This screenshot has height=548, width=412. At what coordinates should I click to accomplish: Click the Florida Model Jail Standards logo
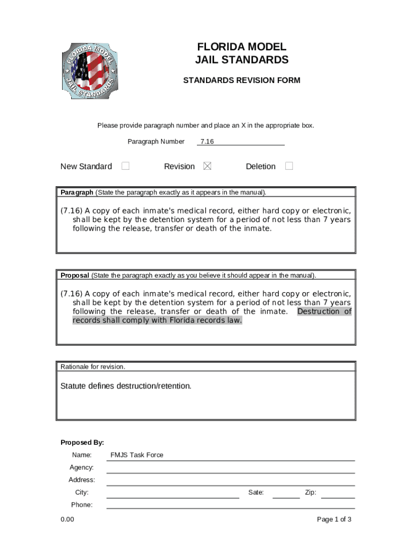89,71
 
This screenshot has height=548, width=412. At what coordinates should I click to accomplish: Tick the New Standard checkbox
125,166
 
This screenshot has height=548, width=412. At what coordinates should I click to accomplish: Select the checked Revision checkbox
207,166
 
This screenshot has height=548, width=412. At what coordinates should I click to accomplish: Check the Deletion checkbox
289,166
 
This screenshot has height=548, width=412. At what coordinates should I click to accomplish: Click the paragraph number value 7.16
207,142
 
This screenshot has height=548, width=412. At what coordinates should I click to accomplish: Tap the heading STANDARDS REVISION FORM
242,80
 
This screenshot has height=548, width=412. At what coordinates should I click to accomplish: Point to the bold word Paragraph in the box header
77,192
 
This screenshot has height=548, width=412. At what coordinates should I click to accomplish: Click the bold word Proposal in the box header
75,276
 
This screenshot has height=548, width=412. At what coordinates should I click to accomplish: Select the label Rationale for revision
93,367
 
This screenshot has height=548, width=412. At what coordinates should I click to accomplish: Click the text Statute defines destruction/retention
126,386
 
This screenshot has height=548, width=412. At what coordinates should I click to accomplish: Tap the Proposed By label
82,443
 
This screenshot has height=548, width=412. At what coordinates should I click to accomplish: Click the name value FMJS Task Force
136,455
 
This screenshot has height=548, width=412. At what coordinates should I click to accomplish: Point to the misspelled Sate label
256,492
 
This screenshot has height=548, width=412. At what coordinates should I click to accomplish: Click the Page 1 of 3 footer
334,519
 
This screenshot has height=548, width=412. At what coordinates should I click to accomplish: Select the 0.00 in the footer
67,519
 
